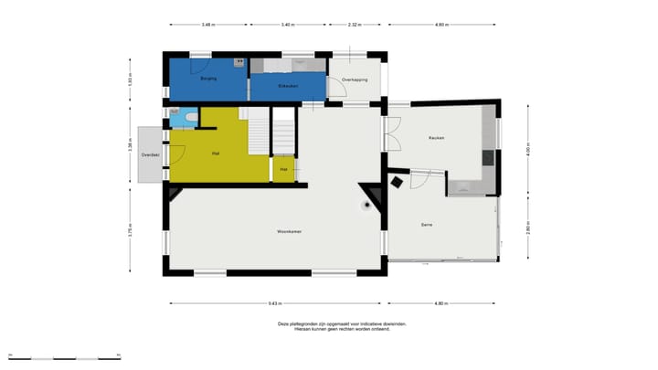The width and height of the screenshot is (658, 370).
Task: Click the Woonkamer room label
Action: pyautogui.click(x=290, y=232)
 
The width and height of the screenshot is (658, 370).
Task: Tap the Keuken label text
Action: pyautogui.click(x=436, y=137)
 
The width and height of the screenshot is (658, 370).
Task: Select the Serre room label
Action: pyautogui.click(x=426, y=225)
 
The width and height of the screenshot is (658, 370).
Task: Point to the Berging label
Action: pyautogui.click(x=207, y=80)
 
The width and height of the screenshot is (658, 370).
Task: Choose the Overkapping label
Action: pyautogui.click(x=355, y=80)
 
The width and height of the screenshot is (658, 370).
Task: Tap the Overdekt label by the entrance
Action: pyautogui.click(x=151, y=155)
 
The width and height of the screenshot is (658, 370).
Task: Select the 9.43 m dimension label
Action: pyautogui.click(x=274, y=303)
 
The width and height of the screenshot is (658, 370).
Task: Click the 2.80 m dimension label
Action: pyautogui.click(x=528, y=229)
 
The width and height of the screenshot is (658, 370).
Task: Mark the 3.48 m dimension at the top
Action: pyautogui.click(x=207, y=26)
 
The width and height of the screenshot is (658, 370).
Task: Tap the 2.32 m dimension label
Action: pyautogui.click(x=353, y=26)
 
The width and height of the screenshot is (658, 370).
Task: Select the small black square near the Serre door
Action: pyautogui.click(x=397, y=183)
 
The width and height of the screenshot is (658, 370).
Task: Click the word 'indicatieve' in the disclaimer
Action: pyautogui.click(x=374, y=323)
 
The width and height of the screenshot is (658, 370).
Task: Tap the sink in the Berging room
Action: pyautogui.click(x=239, y=62)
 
